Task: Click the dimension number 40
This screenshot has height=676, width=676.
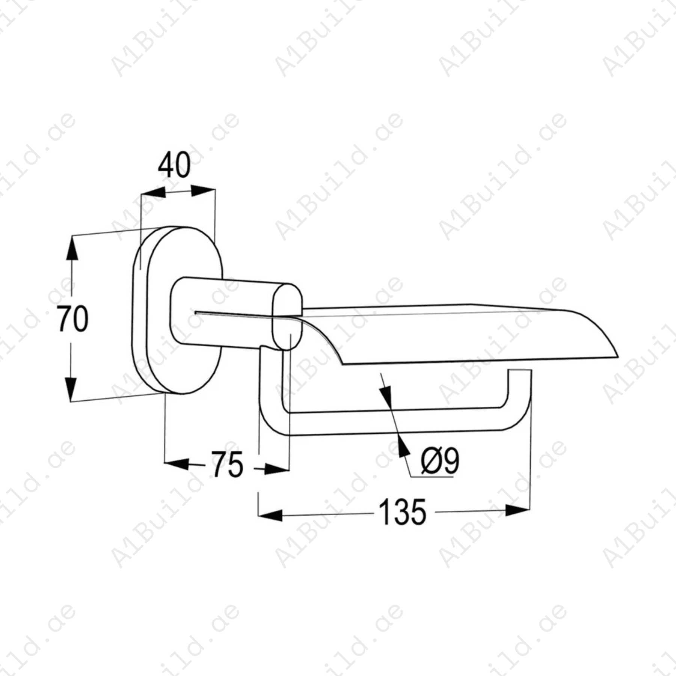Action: [x=174, y=166]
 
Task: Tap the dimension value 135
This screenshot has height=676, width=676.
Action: [x=403, y=512]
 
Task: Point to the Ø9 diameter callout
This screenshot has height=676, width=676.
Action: [x=439, y=461]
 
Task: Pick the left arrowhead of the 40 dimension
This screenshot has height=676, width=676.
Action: [x=153, y=193]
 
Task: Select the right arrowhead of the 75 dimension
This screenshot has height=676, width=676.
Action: [x=277, y=469]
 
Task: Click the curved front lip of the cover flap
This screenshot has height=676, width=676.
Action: [x=597, y=332]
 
